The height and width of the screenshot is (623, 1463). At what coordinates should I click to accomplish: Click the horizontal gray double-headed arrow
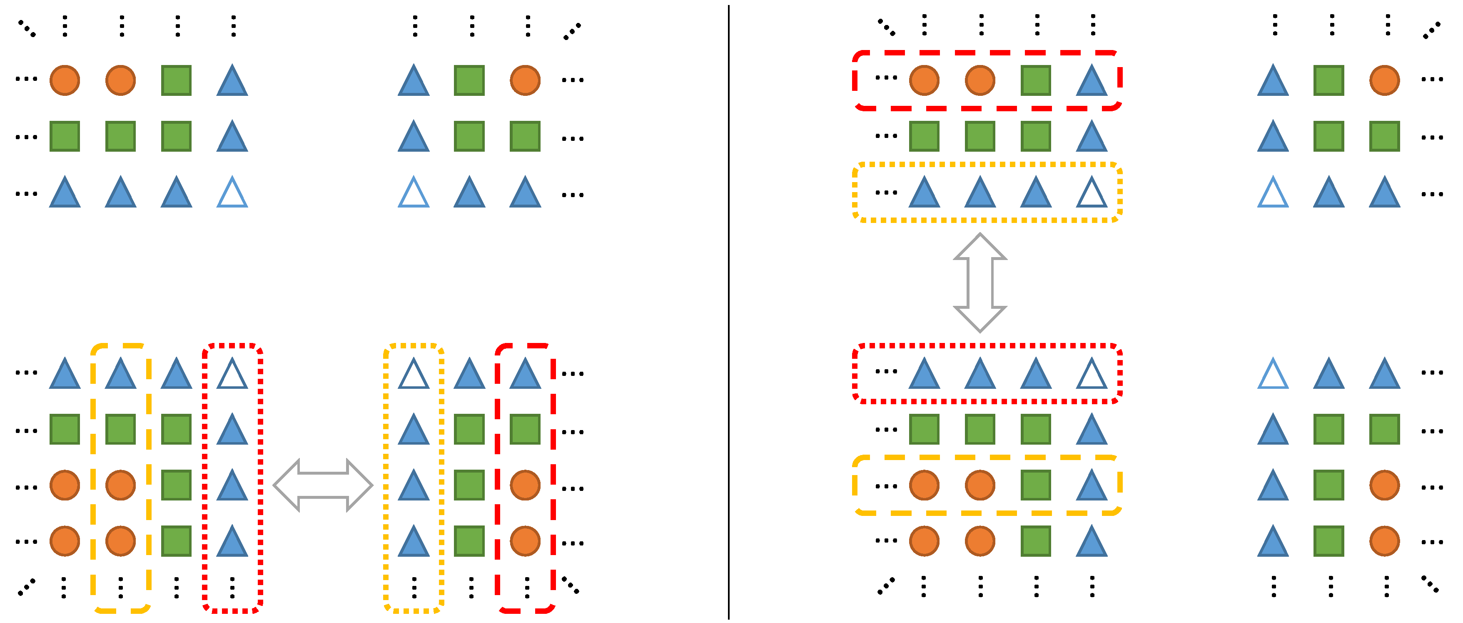click(x=323, y=485)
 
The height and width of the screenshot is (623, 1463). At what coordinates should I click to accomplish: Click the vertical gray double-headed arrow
click(x=979, y=283)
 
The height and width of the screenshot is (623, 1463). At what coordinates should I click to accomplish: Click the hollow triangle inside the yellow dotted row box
click(x=1092, y=193)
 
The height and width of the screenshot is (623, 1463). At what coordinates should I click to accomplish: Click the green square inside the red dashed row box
click(x=1035, y=80)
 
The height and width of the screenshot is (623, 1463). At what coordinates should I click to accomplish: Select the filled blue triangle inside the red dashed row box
click(x=1092, y=80)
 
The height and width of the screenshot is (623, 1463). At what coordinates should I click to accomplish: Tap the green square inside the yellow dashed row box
click(x=1035, y=485)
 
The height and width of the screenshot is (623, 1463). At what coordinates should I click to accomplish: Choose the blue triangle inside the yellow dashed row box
click(x=1092, y=485)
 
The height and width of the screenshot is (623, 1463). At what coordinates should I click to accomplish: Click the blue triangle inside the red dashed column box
click(x=525, y=374)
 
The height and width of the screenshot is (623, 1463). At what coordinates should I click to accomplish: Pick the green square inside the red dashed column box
click(x=525, y=429)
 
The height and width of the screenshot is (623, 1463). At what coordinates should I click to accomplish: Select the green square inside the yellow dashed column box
click(x=120, y=429)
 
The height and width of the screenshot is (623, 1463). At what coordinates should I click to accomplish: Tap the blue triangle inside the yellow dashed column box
click(x=120, y=374)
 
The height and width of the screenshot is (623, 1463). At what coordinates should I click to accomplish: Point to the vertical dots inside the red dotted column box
click(x=232, y=587)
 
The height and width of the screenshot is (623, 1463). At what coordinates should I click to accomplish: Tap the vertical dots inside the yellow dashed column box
click(x=120, y=587)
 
